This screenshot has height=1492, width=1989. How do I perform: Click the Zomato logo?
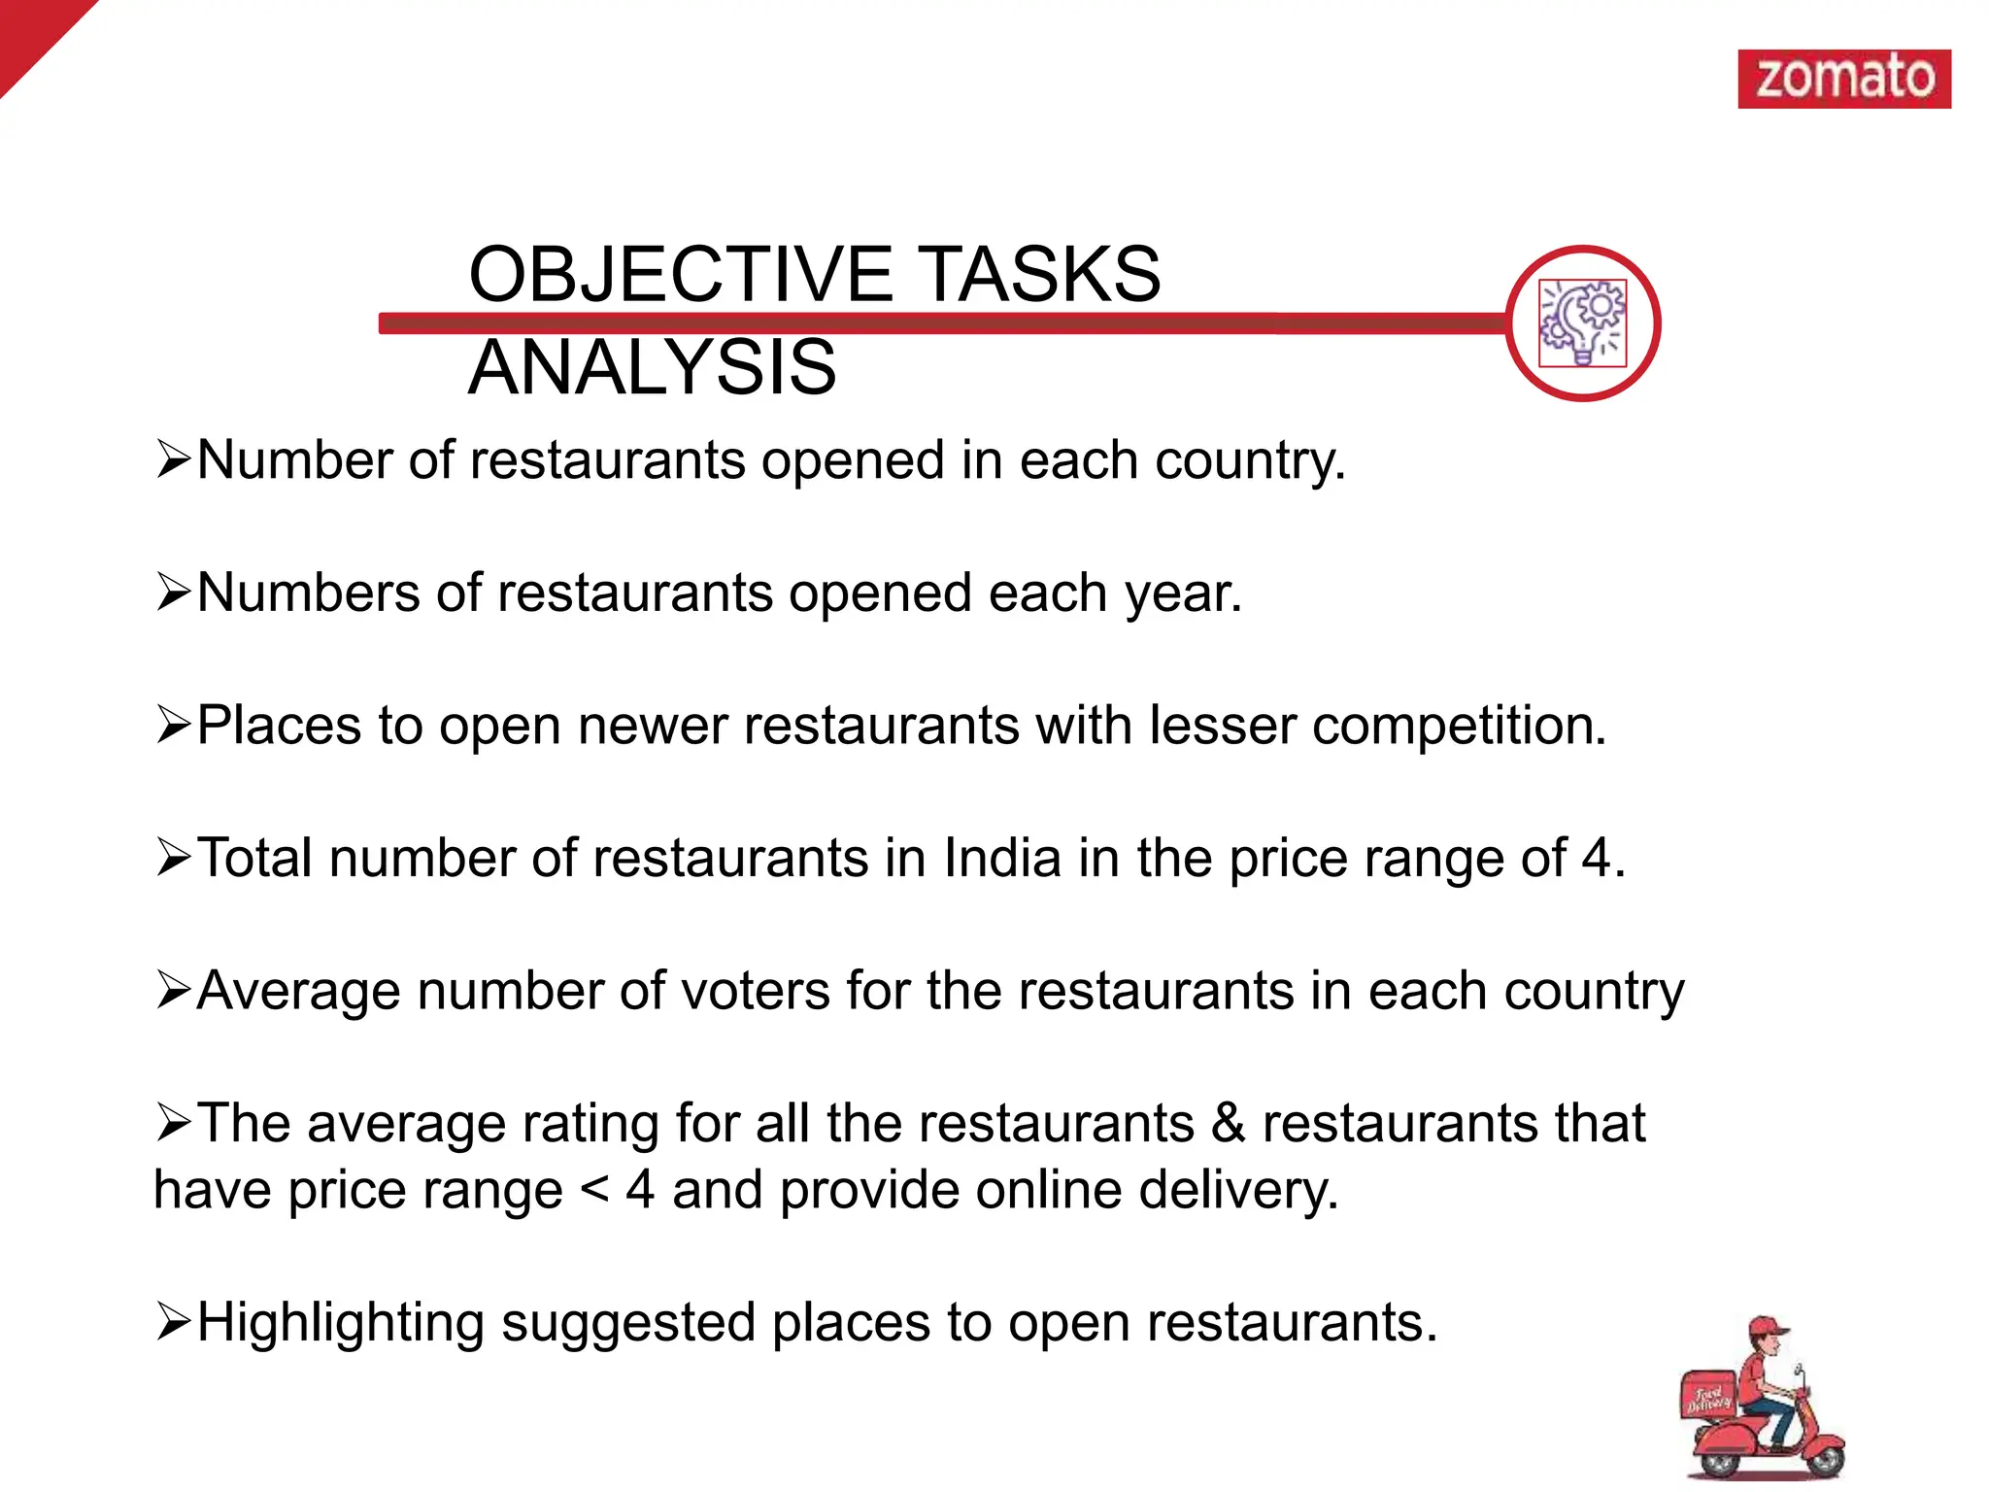pyautogui.click(x=1843, y=79)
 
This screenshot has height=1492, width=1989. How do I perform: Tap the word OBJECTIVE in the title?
pyautogui.click(x=680, y=274)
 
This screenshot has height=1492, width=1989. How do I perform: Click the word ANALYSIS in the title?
pyautogui.click(x=652, y=367)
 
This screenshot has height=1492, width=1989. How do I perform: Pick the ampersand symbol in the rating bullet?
pyautogui.click(x=1228, y=1124)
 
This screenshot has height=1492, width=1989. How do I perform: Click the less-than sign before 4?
pyautogui.click(x=593, y=1191)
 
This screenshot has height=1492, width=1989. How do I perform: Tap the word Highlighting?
pyautogui.click(x=340, y=1323)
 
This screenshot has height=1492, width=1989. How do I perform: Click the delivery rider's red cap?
pyautogui.click(x=1768, y=1329)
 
